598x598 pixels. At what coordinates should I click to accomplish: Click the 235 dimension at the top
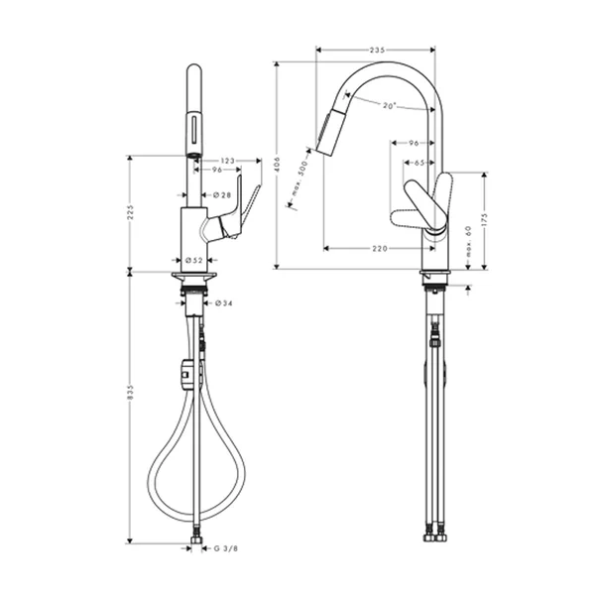point(376,49)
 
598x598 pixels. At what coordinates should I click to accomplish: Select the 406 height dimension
point(281,164)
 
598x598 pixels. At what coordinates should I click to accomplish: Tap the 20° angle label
point(387,106)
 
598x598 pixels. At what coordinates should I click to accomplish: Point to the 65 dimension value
point(419,163)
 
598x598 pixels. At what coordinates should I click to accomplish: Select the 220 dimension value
point(379,249)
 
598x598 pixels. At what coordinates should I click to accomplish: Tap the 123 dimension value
point(227,159)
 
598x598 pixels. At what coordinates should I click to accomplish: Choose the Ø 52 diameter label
point(194,261)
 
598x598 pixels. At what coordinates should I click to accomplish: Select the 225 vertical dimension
point(131,214)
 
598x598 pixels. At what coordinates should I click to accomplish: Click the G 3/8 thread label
point(224,545)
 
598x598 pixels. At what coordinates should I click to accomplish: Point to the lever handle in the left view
point(243,213)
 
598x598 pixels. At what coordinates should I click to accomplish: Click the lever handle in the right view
point(420,203)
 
